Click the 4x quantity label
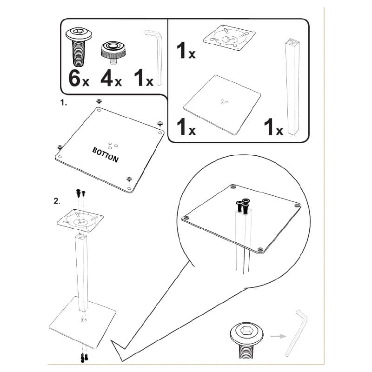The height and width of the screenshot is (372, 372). (x=111, y=78)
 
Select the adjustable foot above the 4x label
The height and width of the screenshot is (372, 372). (x=111, y=50)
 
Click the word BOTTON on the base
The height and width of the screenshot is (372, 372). (x=106, y=155)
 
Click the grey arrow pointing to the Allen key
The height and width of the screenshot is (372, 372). (x=279, y=335)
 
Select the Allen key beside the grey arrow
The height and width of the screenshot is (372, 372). (x=298, y=332)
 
